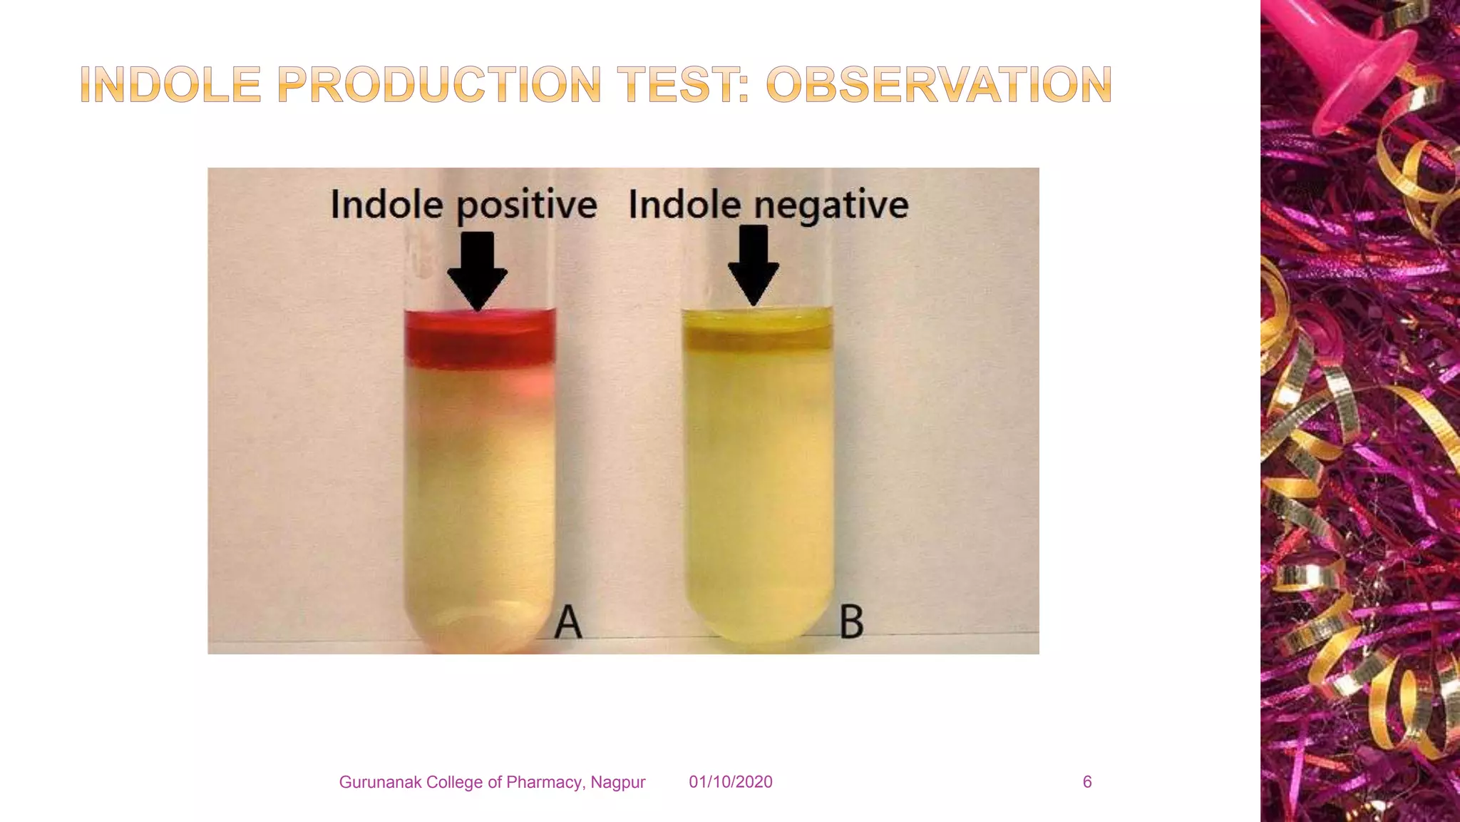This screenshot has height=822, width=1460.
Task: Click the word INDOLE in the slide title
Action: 170,85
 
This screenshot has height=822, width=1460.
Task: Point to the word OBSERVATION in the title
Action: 939,85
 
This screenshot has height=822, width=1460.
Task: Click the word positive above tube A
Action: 526,206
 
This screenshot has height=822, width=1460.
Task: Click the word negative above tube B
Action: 831,206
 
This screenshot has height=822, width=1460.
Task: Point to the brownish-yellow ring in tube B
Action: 757,340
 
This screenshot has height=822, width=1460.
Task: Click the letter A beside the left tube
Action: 568,622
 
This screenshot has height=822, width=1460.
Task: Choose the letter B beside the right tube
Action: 851,622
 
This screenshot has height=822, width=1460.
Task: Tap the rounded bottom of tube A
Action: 479,628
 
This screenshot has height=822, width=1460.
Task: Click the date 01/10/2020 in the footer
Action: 730,782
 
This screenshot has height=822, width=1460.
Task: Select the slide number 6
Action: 1086,782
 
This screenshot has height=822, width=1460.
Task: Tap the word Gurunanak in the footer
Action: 375,783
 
